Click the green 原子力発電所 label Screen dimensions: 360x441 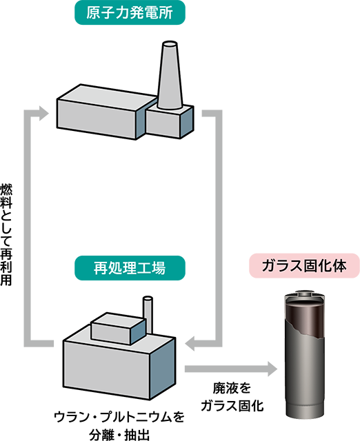(x=130, y=12)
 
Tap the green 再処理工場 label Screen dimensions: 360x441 (x=130, y=268)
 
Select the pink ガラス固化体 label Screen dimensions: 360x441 (x=304, y=266)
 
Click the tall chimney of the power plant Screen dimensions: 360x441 (x=170, y=75)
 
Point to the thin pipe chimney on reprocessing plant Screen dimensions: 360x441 (x=148, y=316)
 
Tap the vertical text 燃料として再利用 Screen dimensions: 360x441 (x=6, y=234)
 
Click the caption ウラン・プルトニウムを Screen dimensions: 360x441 (x=119, y=417)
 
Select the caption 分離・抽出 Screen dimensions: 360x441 (x=119, y=435)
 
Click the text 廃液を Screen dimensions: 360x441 (x=232, y=389)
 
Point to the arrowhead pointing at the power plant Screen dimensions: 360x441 (x=43, y=113)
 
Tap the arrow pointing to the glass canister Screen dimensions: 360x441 (x=231, y=369)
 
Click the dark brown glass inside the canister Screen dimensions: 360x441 (x=304, y=318)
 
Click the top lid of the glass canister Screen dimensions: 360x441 (x=305, y=295)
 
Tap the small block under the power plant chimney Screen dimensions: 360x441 (x=170, y=121)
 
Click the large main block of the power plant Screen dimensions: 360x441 (x=106, y=112)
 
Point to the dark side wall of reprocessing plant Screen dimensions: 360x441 (x=163, y=369)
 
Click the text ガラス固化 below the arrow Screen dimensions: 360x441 (x=232, y=406)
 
